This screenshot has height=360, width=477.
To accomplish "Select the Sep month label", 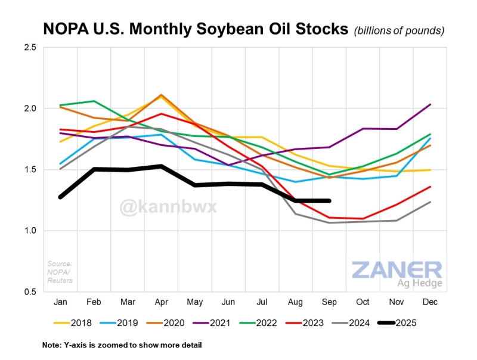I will (330, 303).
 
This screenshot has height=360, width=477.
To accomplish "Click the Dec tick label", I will (430, 303).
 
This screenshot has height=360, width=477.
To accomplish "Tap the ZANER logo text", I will (396, 269).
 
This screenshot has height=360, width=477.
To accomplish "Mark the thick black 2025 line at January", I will (61, 197).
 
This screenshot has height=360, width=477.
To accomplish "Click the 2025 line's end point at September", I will (329, 201).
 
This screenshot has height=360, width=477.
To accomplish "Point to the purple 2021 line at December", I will (430, 105).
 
